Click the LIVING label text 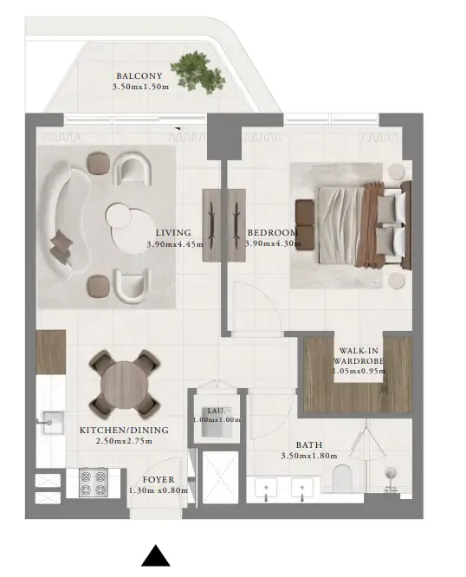click(174, 233)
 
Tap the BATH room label click(308, 444)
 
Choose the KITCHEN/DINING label click(123, 430)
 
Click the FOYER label click(159, 479)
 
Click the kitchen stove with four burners click(92, 483)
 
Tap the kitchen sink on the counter click(50, 425)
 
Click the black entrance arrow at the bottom click(155, 556)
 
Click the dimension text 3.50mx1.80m click(308, 456)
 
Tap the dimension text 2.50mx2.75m click(123, 441)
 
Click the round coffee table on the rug click(129, 223)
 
